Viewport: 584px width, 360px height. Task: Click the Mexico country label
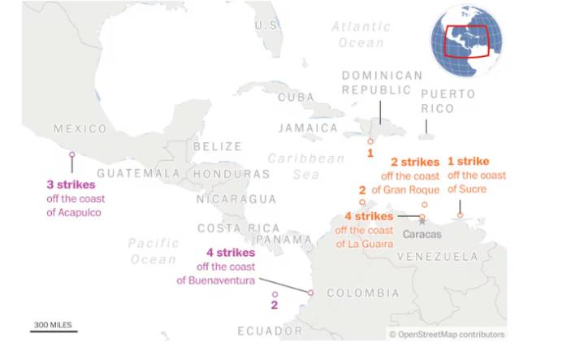click(80, 129)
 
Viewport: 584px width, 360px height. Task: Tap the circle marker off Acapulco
click(72, 154)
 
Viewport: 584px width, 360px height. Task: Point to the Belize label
click(217, 147)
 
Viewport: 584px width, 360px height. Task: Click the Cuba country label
click(296, 98)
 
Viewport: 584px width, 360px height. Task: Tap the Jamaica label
click(308, 128)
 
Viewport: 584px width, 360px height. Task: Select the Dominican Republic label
click(382, 83)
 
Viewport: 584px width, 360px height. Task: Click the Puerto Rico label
click(448, 101)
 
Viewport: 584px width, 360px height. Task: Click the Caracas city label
click(422, 234)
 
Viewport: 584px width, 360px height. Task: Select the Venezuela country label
click(438, 257)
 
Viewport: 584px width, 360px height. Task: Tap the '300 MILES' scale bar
click(54, 327)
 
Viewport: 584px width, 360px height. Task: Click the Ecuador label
click(270, 332)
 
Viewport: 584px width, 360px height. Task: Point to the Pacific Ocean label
click(153, 251)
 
